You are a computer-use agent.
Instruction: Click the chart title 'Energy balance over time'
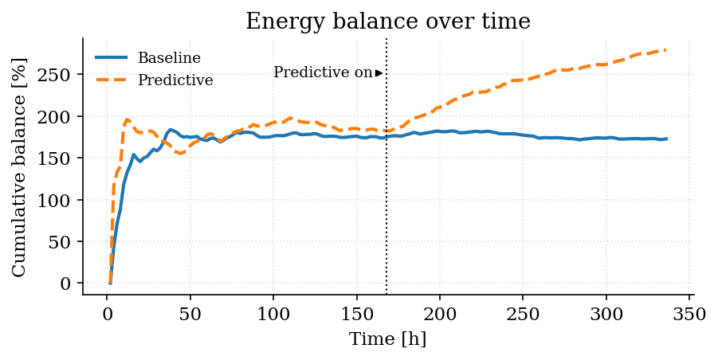pos(387,22)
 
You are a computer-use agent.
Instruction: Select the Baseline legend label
pos(169,58)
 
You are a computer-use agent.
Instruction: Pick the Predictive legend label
pos(175,80)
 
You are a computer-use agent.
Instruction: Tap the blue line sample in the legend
pos(112,58)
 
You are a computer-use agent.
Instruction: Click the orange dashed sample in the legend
pos(112,80)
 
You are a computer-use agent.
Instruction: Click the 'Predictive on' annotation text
pos(323,72)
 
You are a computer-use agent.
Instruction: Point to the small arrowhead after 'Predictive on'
pos(379,73)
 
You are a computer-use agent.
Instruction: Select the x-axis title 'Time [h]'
pos(387,339)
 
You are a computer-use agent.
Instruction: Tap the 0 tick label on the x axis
pos(108,313)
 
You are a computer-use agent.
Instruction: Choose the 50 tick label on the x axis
pos(190,313)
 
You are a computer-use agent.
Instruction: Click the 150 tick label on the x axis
pos(357,313)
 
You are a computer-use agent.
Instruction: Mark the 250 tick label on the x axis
pos(524,313)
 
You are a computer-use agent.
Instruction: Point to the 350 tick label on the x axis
pos(690,313)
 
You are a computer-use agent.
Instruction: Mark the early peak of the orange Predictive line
pos(128,119)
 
